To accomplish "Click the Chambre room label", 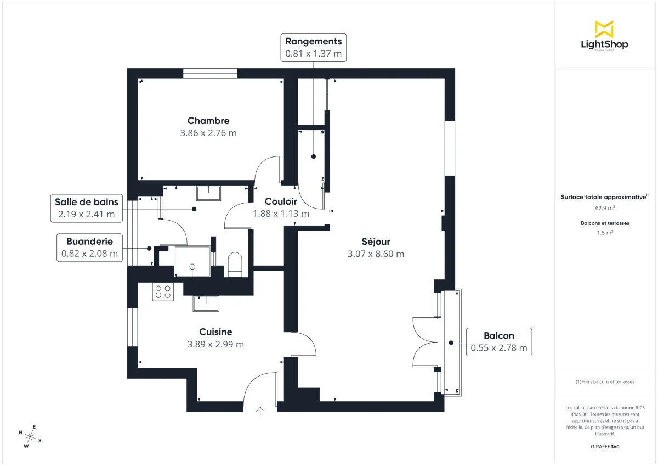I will (208, 121).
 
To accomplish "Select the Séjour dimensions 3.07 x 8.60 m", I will (376, 254).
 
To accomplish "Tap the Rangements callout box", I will (313, 47).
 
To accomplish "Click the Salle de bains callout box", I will (86, 208).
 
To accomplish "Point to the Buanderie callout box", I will (89, 247).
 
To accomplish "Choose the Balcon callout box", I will (498, 341).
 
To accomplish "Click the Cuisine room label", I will (215, 332).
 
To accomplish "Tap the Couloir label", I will (281, 201).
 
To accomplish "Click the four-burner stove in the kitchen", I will (163, 291).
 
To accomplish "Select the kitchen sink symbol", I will (206, 303).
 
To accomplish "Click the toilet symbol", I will (235, 263).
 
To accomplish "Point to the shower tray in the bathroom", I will (192, 261).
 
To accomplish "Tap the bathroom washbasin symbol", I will (208, 193).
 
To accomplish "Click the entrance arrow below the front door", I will (260, 409).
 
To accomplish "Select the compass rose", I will (30, 436).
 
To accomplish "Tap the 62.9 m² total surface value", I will (605, 208).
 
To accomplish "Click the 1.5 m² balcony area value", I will (605, 232).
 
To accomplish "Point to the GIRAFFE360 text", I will (605, 447).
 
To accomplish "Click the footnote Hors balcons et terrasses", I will (605, 381).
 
